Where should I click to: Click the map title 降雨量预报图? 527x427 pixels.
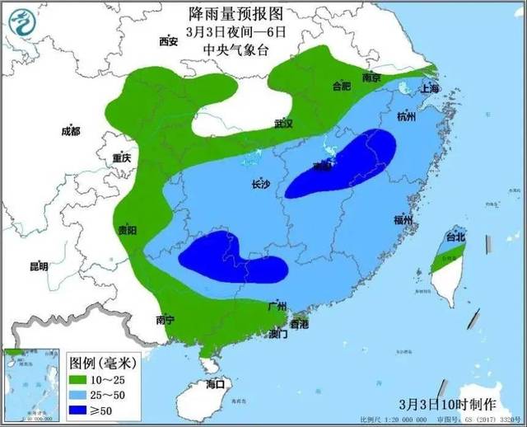coord(236,14)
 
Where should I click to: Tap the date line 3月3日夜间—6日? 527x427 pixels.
coord(236,32)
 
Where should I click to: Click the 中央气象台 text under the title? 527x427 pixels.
coord(236,49)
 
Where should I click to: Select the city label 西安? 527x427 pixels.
coord(169,41)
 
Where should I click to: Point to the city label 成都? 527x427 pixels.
coord(71,131)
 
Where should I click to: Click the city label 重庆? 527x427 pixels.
coord(123,157)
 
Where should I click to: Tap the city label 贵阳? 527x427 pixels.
coord(127,230)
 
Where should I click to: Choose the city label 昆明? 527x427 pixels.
coord(39,266)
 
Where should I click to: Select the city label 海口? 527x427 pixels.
coord(216,384)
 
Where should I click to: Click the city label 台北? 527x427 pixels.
coord(455,237)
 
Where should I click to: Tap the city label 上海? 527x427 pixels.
coord(430,88)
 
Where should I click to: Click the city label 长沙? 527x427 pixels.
coord(260,185)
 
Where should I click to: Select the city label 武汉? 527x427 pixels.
coord(284,124)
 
